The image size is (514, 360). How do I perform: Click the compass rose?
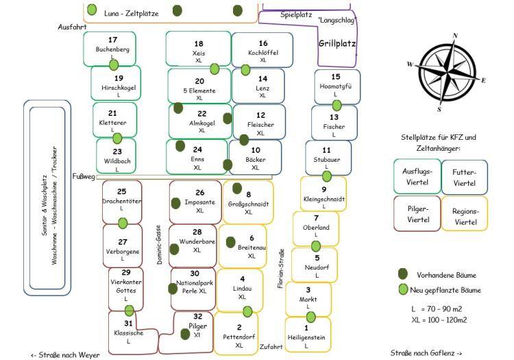coord(447,73)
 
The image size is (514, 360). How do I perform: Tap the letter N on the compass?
coord(455,36)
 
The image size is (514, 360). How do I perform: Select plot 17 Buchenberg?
coord(110,49)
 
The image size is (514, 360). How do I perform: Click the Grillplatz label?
coord(337,44)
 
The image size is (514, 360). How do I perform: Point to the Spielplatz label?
coord(296,15)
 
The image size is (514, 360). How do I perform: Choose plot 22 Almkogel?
coord(200,121)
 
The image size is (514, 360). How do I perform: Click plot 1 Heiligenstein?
coord(308,335)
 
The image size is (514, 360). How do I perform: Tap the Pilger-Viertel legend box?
coord(417,214)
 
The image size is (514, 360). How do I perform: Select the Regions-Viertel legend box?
coord(465,214)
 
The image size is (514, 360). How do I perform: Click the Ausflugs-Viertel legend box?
coord(417,177)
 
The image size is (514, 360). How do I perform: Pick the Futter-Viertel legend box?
coord(465,178)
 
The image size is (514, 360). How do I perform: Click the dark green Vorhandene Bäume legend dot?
coord(403,274)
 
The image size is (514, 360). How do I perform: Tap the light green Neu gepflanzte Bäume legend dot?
coord(403,289)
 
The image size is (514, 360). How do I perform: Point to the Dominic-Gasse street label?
coord(159,245)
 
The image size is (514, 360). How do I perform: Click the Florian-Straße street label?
coord(280,269)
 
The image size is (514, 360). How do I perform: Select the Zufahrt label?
coord(271,346)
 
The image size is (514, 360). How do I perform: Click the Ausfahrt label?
coord(72,27)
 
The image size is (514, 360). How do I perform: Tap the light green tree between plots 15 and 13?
coord(336,106)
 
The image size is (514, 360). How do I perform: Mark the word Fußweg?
coord(84,176)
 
